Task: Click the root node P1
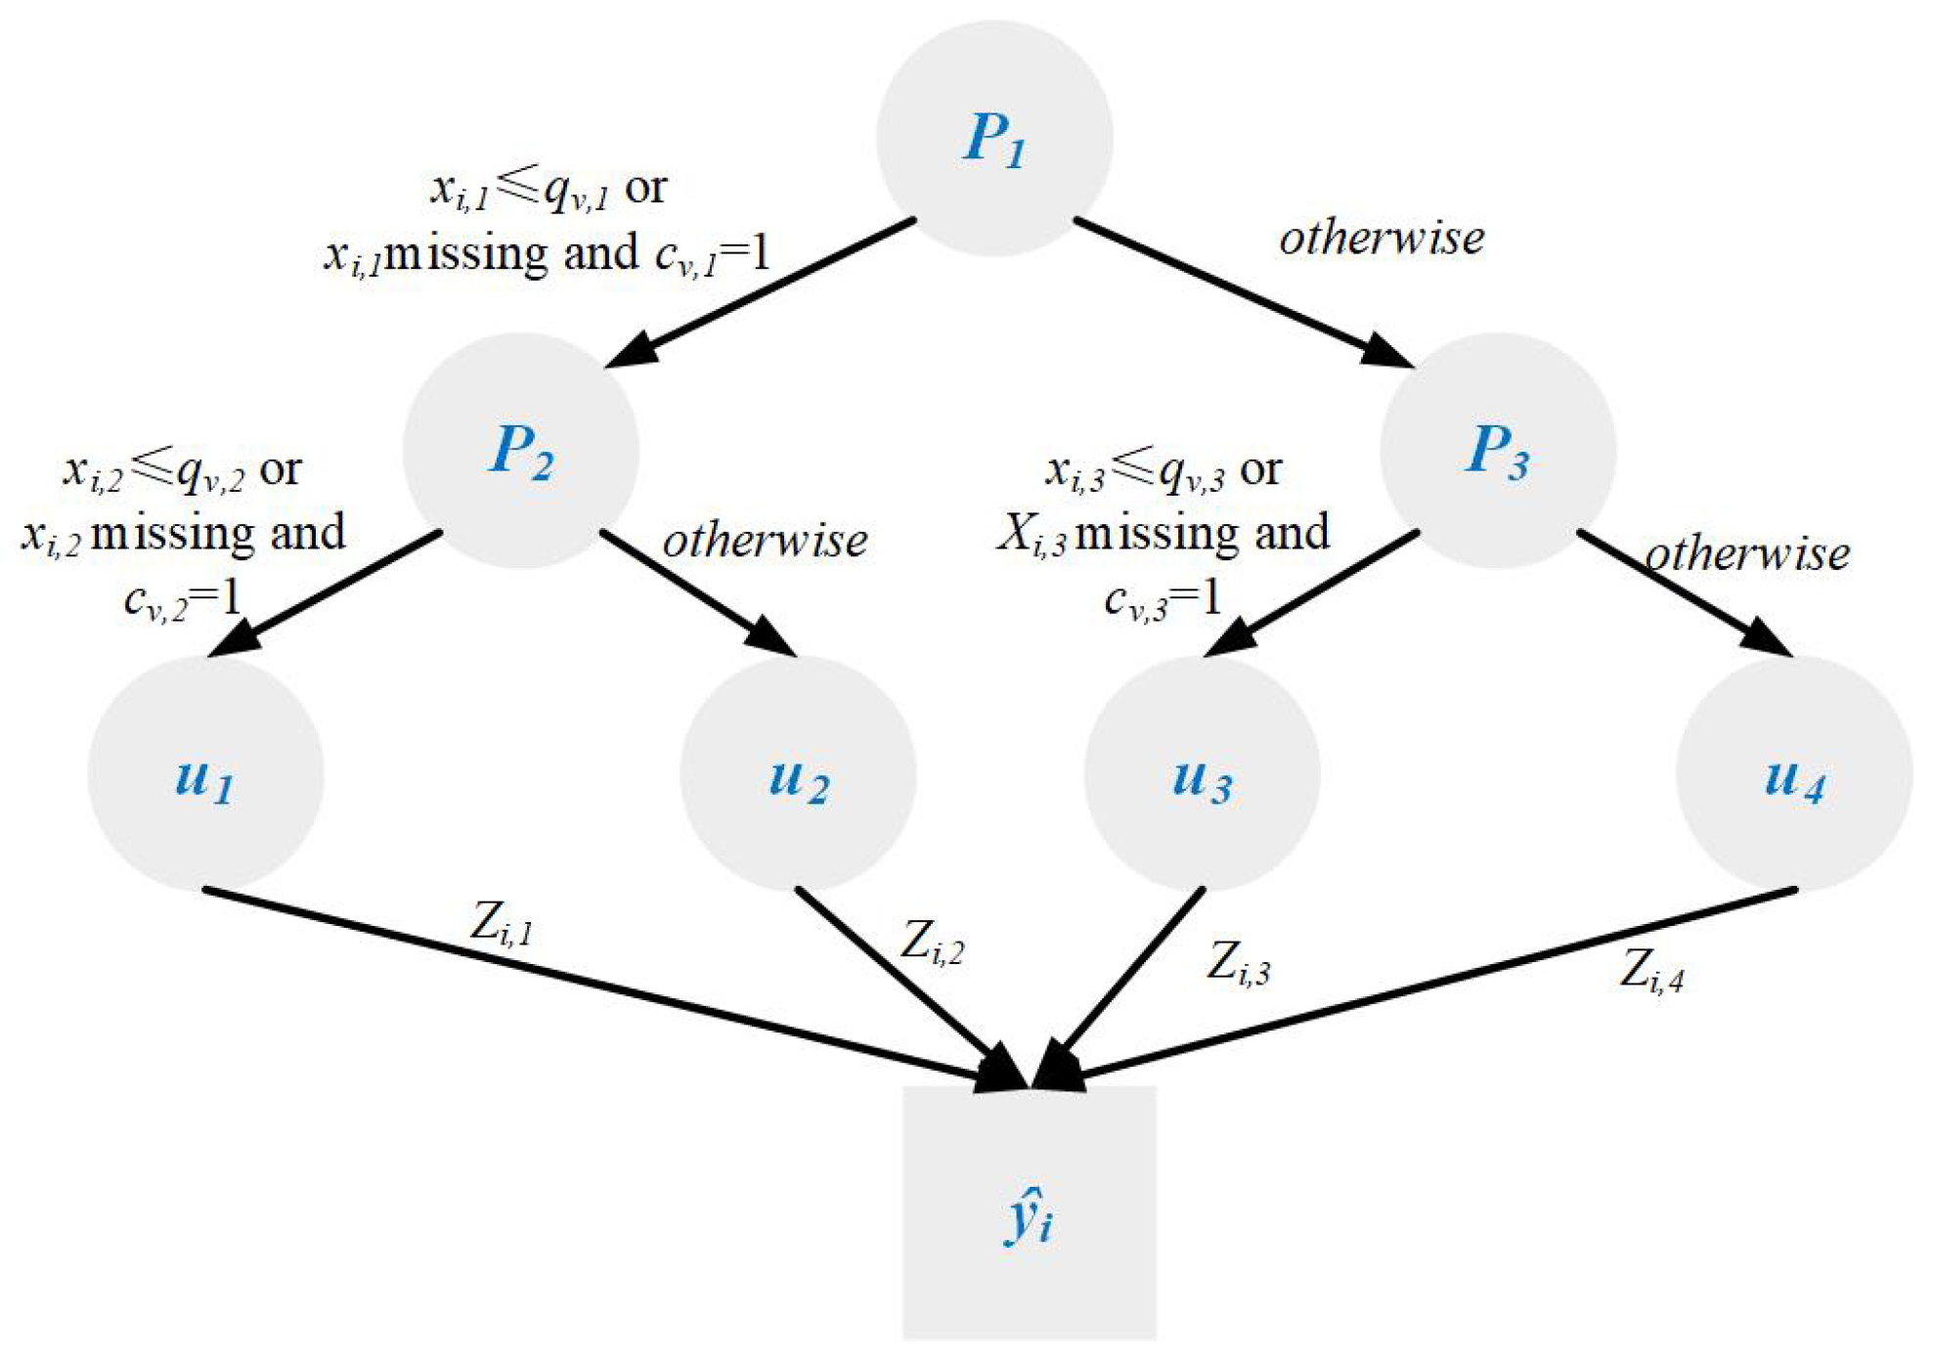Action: (x=993, y=138)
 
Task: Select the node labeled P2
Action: (x=520, y=451)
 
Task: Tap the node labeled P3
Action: (x=1496, y=451)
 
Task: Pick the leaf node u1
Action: (x=205, y=772)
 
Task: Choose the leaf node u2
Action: (x=797, y=772)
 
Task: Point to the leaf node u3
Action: (x=1202, y=772)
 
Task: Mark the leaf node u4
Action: (x=1793, y=772)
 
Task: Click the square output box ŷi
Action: (x=1029, y=1212)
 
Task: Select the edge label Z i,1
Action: (x=502, y=922)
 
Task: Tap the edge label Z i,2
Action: (x=931, y=943)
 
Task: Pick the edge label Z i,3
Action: (x=1238, y=962)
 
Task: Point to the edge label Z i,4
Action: (x=1651, y=971)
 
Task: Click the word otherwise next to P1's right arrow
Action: (x=1381, y=238)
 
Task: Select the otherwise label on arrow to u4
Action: (x=1747, y=553)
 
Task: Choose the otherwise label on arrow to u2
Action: (x=765, y=540)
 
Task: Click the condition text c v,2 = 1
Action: (x=182, y=597)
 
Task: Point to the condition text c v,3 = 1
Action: (x=1163, y=597)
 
